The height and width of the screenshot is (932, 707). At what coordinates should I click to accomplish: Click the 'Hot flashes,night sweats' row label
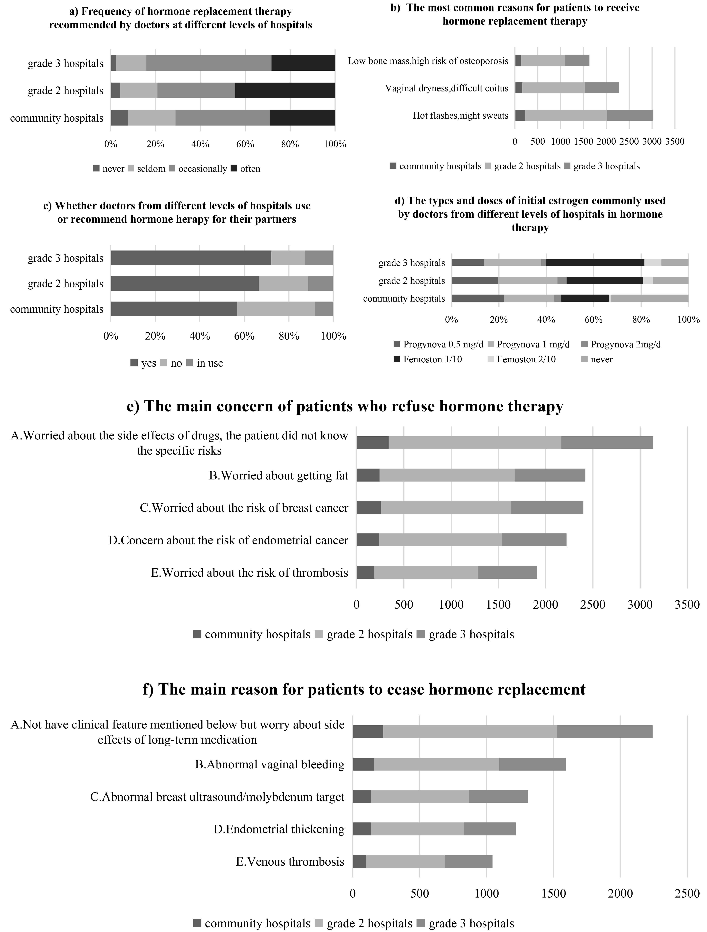click(461, 115)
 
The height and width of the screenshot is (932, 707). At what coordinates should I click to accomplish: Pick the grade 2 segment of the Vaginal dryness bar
click(554, 88)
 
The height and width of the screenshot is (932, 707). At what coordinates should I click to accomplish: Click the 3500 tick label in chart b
click(675, 142)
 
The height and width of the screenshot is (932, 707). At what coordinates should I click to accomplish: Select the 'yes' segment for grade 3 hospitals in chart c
click(191, 258)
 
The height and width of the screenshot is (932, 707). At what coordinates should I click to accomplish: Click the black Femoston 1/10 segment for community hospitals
click(585, 298)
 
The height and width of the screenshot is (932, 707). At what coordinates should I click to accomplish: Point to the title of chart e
click(345, 406)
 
